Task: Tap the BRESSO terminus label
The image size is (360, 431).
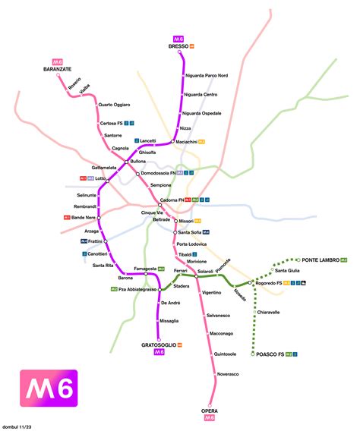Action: coord(177,46)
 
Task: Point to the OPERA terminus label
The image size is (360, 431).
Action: coord(209,410)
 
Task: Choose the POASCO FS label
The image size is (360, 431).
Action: coord(270,354)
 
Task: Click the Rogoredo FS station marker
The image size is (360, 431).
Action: coord(251,283)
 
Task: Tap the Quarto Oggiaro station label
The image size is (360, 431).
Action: coord(115,104)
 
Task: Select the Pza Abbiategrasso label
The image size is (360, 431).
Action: coord(137,289)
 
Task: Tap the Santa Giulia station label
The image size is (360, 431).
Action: coord(290,270)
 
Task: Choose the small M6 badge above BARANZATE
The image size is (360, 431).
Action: coord(57,61)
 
